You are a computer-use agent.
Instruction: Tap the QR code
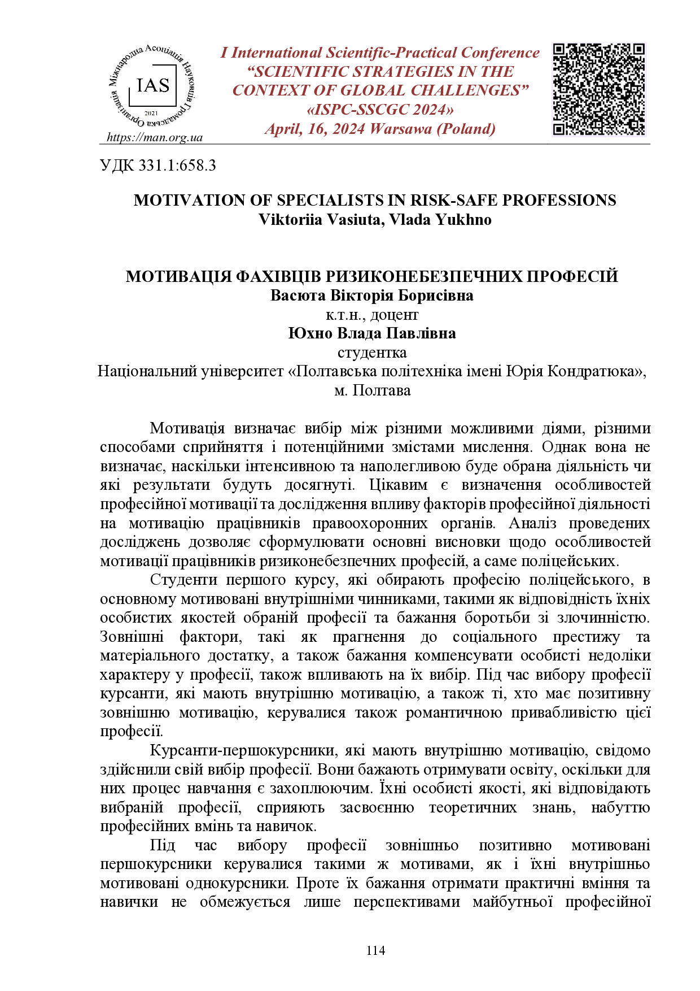598,89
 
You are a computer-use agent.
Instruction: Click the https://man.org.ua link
154,137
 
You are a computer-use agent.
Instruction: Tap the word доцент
395,314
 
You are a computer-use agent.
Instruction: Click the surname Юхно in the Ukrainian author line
310,333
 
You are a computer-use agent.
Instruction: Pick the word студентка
372,353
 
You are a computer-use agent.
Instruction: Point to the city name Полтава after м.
382,390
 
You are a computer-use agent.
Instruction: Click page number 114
375,950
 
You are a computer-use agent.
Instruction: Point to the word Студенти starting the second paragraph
183,580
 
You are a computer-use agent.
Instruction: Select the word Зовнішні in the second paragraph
132,637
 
